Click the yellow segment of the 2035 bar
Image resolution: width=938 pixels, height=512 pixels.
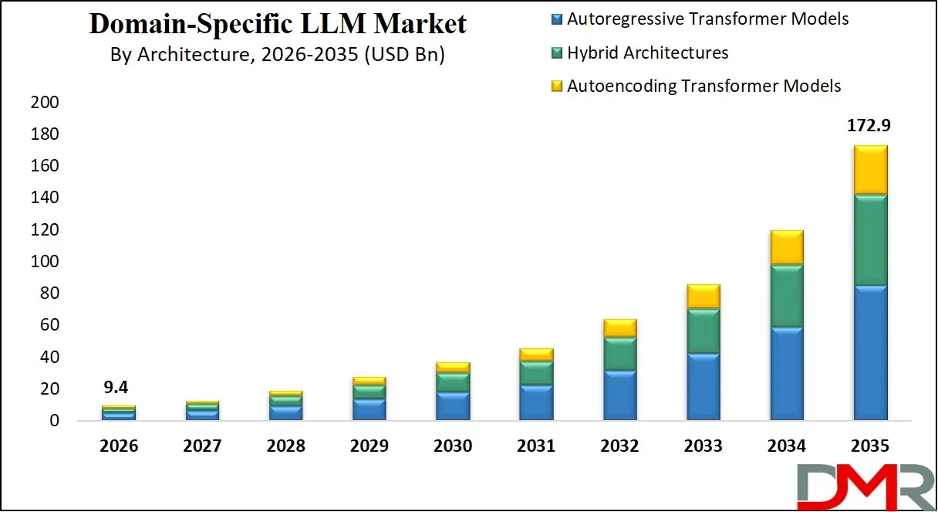(870, 170)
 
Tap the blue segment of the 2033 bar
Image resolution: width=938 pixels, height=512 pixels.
(703, 386)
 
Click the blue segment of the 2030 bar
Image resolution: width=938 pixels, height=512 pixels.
(453, 406)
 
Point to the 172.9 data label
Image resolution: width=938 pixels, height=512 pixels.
(869, 125)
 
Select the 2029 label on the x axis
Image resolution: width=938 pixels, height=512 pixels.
(369, 446)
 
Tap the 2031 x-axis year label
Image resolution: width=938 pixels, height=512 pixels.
(536, 446)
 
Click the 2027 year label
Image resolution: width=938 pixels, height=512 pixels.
(202, 446)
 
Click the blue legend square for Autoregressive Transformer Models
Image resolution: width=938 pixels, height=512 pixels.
(558, 19)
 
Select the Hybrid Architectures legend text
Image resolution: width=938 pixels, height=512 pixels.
(647, 53)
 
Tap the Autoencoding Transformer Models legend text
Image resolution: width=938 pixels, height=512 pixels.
(703, 86)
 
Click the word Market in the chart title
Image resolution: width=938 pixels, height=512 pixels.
(420, 24)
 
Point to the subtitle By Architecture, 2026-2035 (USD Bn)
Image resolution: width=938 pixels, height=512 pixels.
(278, 55)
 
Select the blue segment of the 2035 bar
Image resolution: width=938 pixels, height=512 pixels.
(870, 352)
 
